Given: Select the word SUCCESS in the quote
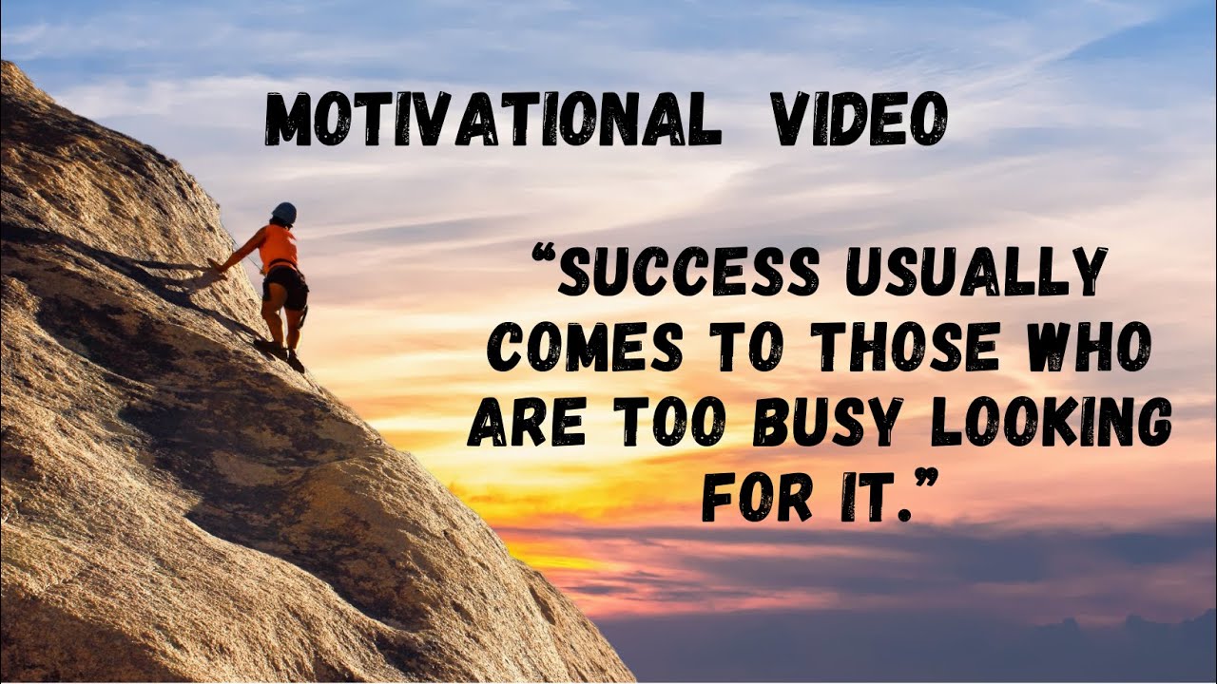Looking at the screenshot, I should click(x=688, y=272).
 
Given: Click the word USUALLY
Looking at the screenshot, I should click(x=976, y=272).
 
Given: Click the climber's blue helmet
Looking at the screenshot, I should click(x=283, y=213).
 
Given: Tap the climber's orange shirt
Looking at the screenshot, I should click(x=279, y=247).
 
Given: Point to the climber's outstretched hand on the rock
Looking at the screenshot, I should click(x=218, y=267).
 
